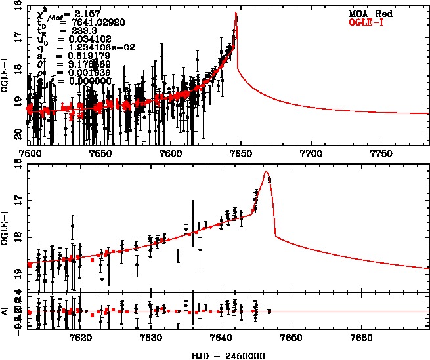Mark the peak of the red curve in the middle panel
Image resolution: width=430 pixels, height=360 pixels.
(x=266, y=172)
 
